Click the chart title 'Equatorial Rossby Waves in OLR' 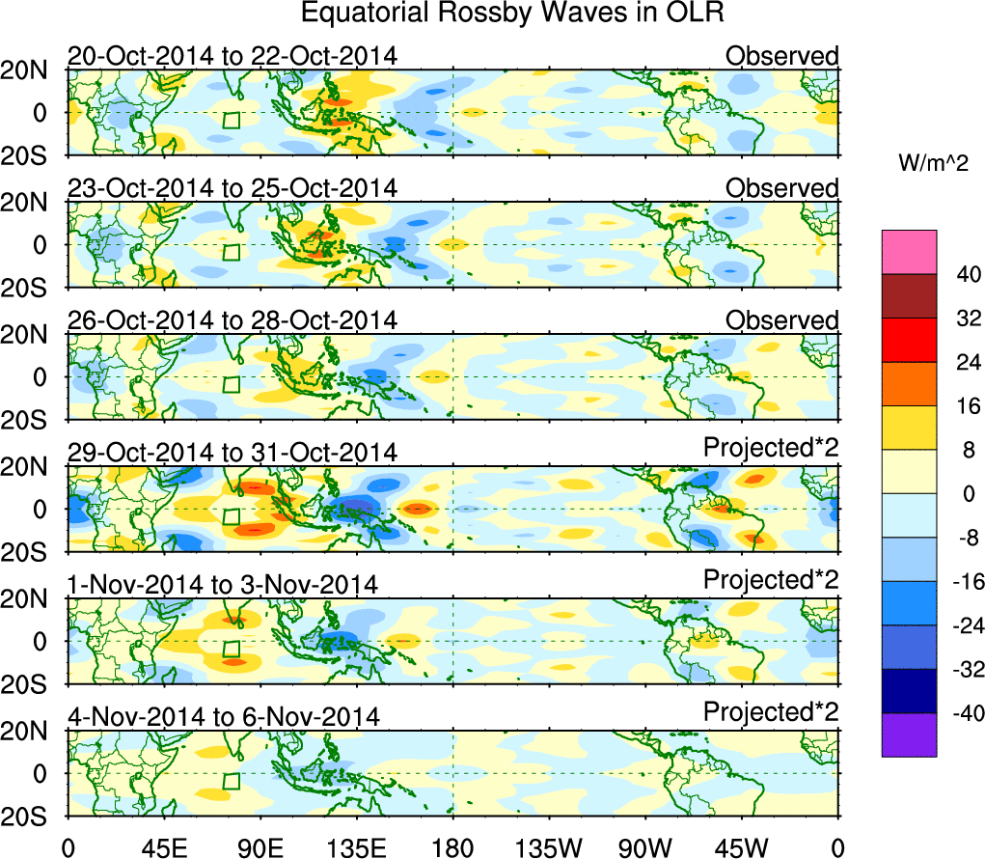(x=511, y=14)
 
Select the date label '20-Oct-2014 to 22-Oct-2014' (x=232, y=56)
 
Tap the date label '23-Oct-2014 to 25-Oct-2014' (x=232, y=188)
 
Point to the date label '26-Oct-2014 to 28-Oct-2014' (x=232, y=320)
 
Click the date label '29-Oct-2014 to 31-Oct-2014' (x=232, y=453)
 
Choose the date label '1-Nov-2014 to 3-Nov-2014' (x=222, y=585)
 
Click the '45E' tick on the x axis (x=163, y=847)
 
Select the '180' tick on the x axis (x=452, y=847)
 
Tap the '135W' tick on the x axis (x=549, y=847)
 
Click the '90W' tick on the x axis (x=645, y=847)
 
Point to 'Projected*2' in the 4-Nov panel (x=771, y=712)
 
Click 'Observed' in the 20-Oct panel (x=782, y=56)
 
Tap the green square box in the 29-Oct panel (x=231, y=516)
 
